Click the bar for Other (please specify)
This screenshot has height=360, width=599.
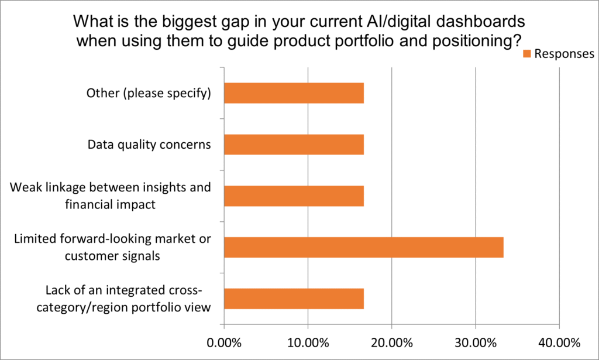[x=294, y=93]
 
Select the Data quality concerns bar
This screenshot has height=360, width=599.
[x=294, y=145]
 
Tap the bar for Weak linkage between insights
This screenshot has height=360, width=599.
[x=294, y=196]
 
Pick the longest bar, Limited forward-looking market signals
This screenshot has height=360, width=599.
[x=363, y=248]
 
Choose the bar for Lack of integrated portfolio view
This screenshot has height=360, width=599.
[x=294, y=299]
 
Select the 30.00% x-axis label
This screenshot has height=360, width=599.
[x=476, y=342]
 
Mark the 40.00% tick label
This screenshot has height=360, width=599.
[x=559, y=342]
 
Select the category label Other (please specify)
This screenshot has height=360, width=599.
[x=148, y=93]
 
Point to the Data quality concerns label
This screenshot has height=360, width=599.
[x=149, y=145]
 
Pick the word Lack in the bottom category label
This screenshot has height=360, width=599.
[x=57, y=291]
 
